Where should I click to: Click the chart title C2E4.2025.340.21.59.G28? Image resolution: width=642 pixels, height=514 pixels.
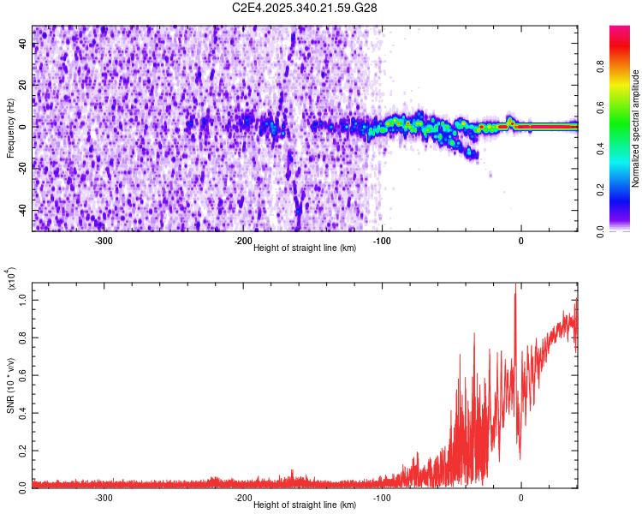(305, 8)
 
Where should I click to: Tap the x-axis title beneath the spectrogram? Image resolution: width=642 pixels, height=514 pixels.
(305, 248)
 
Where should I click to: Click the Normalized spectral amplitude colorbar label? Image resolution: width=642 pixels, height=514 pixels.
(636, 128)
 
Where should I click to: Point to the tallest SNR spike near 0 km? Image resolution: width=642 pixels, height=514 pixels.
(515, 285)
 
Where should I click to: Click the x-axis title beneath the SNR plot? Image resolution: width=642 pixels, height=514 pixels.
(305, 505)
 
